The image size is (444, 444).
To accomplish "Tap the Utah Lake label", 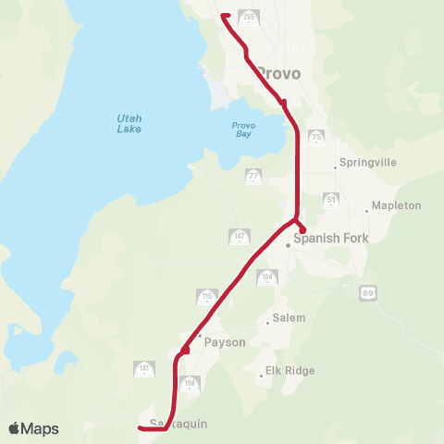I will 129,123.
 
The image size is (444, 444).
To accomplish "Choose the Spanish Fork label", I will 330,239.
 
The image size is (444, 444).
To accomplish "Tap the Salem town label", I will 284,319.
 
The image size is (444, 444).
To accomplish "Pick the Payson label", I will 226,342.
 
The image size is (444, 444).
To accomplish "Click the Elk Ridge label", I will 290,371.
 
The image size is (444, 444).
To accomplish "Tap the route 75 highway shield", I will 317,137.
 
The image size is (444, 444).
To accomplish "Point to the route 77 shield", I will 253,177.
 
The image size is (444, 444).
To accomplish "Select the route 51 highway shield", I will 331,200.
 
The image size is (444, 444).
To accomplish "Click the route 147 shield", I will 238,238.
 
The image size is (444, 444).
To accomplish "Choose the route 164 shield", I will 268,277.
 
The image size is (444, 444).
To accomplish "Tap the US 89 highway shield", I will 368,292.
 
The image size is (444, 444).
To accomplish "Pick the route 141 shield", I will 144,369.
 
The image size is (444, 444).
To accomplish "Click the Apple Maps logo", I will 33,428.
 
